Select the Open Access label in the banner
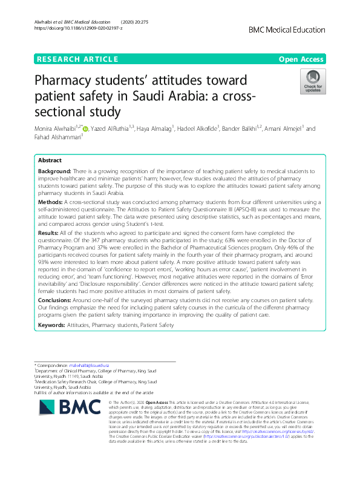[302, 59]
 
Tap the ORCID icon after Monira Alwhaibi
[85, 128]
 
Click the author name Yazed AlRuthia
[113, 128]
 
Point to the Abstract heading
[50, 160]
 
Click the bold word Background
[55, 173]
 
